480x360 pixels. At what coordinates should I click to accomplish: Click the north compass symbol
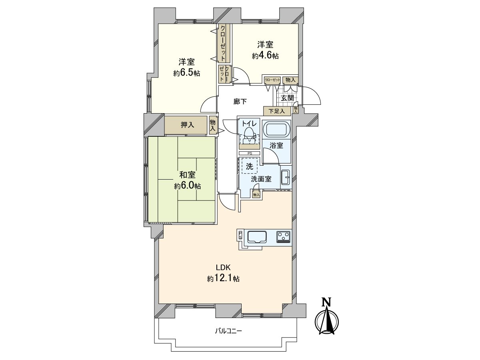(x=327, y=320)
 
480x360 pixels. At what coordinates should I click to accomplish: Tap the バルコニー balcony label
(x=228, y=331)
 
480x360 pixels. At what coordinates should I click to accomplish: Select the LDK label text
(x=224, y=268)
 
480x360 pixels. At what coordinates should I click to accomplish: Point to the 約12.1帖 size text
(x=223, y=279)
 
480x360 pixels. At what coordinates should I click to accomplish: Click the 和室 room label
(x=187, y=175)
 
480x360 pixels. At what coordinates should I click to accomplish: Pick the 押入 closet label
(x=187, y=125)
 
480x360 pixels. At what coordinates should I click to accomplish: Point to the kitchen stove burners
(x=284, y=237)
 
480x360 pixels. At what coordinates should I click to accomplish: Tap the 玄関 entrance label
(x=287, y=98)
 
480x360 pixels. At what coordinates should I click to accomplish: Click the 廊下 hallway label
(x=240, y=102)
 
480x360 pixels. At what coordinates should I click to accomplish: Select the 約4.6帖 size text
(x=265, y=56)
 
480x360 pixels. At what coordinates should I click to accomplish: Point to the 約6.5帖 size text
(x=187, y=73)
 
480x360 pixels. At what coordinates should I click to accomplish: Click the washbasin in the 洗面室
(x=285, y=177)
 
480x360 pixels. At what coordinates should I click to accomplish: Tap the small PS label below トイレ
(x=249, y=153)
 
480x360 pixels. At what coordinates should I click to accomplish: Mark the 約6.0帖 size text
(x=187, y=186)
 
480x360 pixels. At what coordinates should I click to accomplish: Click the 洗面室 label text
(x=261, y=179)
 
